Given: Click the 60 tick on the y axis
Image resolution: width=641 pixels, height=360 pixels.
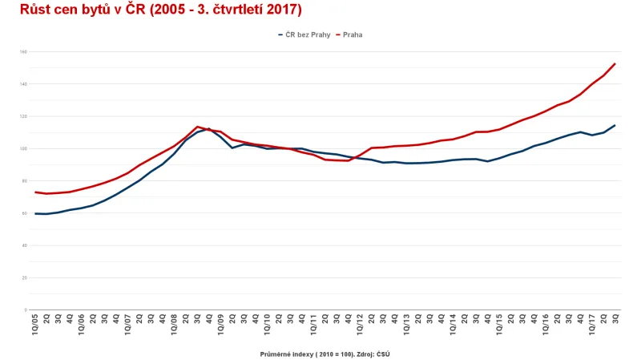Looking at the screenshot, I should coord(24,213).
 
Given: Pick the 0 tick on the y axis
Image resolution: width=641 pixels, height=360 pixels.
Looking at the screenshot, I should coord(26,309).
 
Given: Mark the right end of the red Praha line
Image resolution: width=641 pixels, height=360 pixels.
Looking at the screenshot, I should coord(615,63).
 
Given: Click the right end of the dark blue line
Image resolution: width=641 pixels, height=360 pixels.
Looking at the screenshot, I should coord(615,125).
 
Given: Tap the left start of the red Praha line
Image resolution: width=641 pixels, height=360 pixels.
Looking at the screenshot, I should coord(36,192).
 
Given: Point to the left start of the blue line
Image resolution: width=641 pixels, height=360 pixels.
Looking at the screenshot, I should coord(36,213).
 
